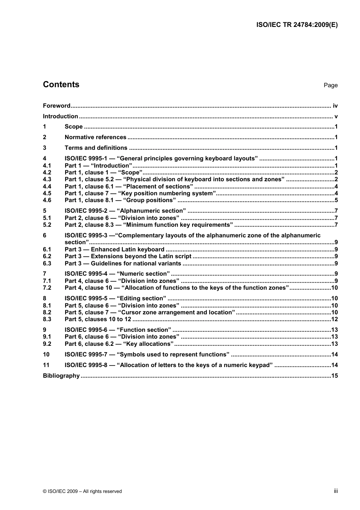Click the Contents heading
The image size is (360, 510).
tap(61, 85)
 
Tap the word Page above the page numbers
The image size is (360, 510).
tap(330, 85)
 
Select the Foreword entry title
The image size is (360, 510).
tap(56, 106)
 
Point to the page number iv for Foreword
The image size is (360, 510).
tap(335, 106)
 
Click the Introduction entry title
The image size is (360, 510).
tap(60, 116)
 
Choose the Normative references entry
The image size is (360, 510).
tap(95, 137)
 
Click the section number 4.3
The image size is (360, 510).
tap(47, 179)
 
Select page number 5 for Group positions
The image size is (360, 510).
tap(336, 200)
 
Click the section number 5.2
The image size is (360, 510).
tap(47, 225)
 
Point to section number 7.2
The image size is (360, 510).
tap(47, 288)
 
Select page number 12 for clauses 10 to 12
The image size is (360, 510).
tap(334, 319)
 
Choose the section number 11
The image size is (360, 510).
tap(46, 365)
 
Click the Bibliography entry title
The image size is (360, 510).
tap(61, 376)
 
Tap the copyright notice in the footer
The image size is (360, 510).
tap(82, 491)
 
